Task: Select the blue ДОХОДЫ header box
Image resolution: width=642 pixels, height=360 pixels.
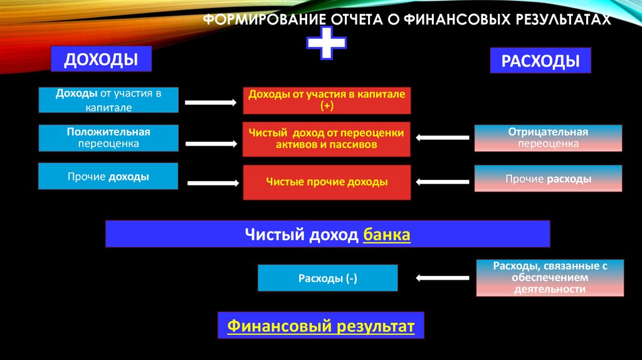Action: (102, 61)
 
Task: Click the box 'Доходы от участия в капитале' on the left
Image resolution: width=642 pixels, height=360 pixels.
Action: (108, 100)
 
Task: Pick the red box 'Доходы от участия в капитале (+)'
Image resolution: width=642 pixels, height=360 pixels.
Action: (327, 100)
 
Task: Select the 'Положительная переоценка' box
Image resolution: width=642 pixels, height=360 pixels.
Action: (108, 138)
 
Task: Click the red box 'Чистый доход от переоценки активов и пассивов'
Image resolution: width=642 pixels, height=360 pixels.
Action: (327, 139)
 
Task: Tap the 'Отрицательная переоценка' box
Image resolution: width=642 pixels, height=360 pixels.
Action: (548, 138)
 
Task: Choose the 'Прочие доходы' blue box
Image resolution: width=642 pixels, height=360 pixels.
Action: (108, 177)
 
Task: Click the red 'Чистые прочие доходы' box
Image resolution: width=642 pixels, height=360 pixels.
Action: (327, 182)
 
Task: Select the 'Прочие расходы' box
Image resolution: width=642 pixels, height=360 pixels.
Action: (548, 179)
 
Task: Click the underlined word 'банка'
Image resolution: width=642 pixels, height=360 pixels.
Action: (386, 235)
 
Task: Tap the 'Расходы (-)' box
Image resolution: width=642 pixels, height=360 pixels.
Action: (327, 278)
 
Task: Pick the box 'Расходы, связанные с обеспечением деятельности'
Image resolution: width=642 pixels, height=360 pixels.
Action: (550, 278)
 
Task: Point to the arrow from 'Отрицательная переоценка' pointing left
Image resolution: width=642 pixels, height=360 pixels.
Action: (443, 138)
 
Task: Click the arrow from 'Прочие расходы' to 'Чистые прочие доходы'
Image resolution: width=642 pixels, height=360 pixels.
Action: (443, 182)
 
